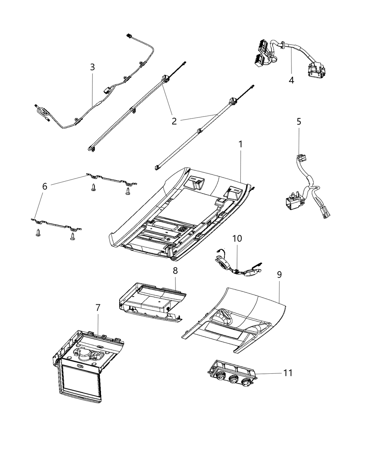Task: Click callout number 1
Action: tap(241, 144)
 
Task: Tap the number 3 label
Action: tap(92, 67)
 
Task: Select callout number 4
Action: tap(291, 80)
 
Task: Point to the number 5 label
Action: tap(299, 122)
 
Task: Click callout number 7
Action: tap(98, 308)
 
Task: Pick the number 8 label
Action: tap(175, 270)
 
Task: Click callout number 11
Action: tap(288, 373)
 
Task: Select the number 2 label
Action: tap(174, 121)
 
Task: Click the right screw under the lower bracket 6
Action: tap(73, 236)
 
